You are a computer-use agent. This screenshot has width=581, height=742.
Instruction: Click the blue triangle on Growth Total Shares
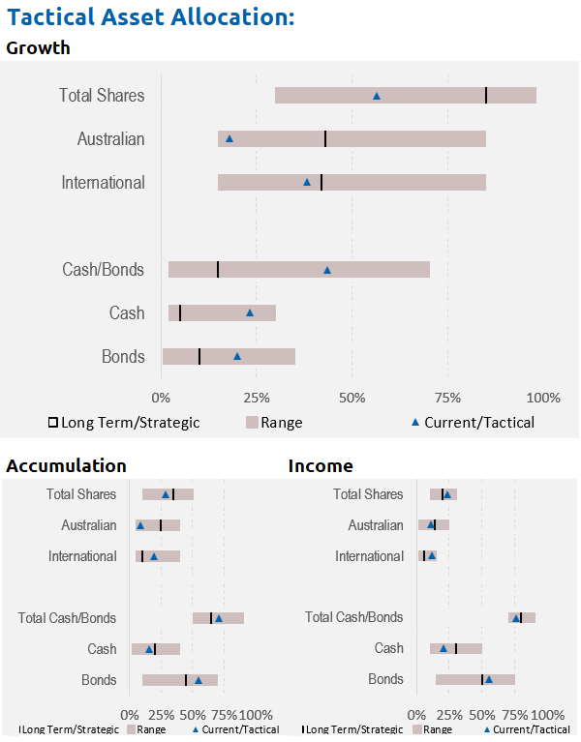coord(377,96)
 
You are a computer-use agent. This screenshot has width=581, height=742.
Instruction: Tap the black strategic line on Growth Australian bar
coord(325,138)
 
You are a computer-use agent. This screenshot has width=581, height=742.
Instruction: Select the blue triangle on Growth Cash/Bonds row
coord(327,270)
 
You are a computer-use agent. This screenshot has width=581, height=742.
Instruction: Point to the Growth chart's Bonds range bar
coord(229,356)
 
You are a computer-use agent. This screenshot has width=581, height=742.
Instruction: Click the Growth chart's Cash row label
coord(127,313)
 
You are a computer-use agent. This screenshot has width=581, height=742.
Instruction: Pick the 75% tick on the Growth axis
coord(447,397)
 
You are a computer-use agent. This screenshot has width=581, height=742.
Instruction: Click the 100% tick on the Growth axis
coord(543,397)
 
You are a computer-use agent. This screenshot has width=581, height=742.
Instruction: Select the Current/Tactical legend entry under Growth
coord(474,422)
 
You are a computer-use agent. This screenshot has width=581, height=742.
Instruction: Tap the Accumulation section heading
coord(66,466)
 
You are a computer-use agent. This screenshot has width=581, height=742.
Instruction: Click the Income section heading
coord(321,466)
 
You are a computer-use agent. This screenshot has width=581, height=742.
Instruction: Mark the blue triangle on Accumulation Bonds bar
coord(199,680)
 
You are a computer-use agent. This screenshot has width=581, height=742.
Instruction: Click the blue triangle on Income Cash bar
coord(443,649)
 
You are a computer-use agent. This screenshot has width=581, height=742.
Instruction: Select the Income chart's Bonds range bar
coord(474,680)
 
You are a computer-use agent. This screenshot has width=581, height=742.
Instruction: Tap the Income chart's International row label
coord(370,556)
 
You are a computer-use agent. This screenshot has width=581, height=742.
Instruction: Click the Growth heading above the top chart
coord(38,47)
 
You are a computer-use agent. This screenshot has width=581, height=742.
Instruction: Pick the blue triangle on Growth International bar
coord(307,182)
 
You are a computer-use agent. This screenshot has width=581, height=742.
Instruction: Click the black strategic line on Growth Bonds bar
coord(199,356)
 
